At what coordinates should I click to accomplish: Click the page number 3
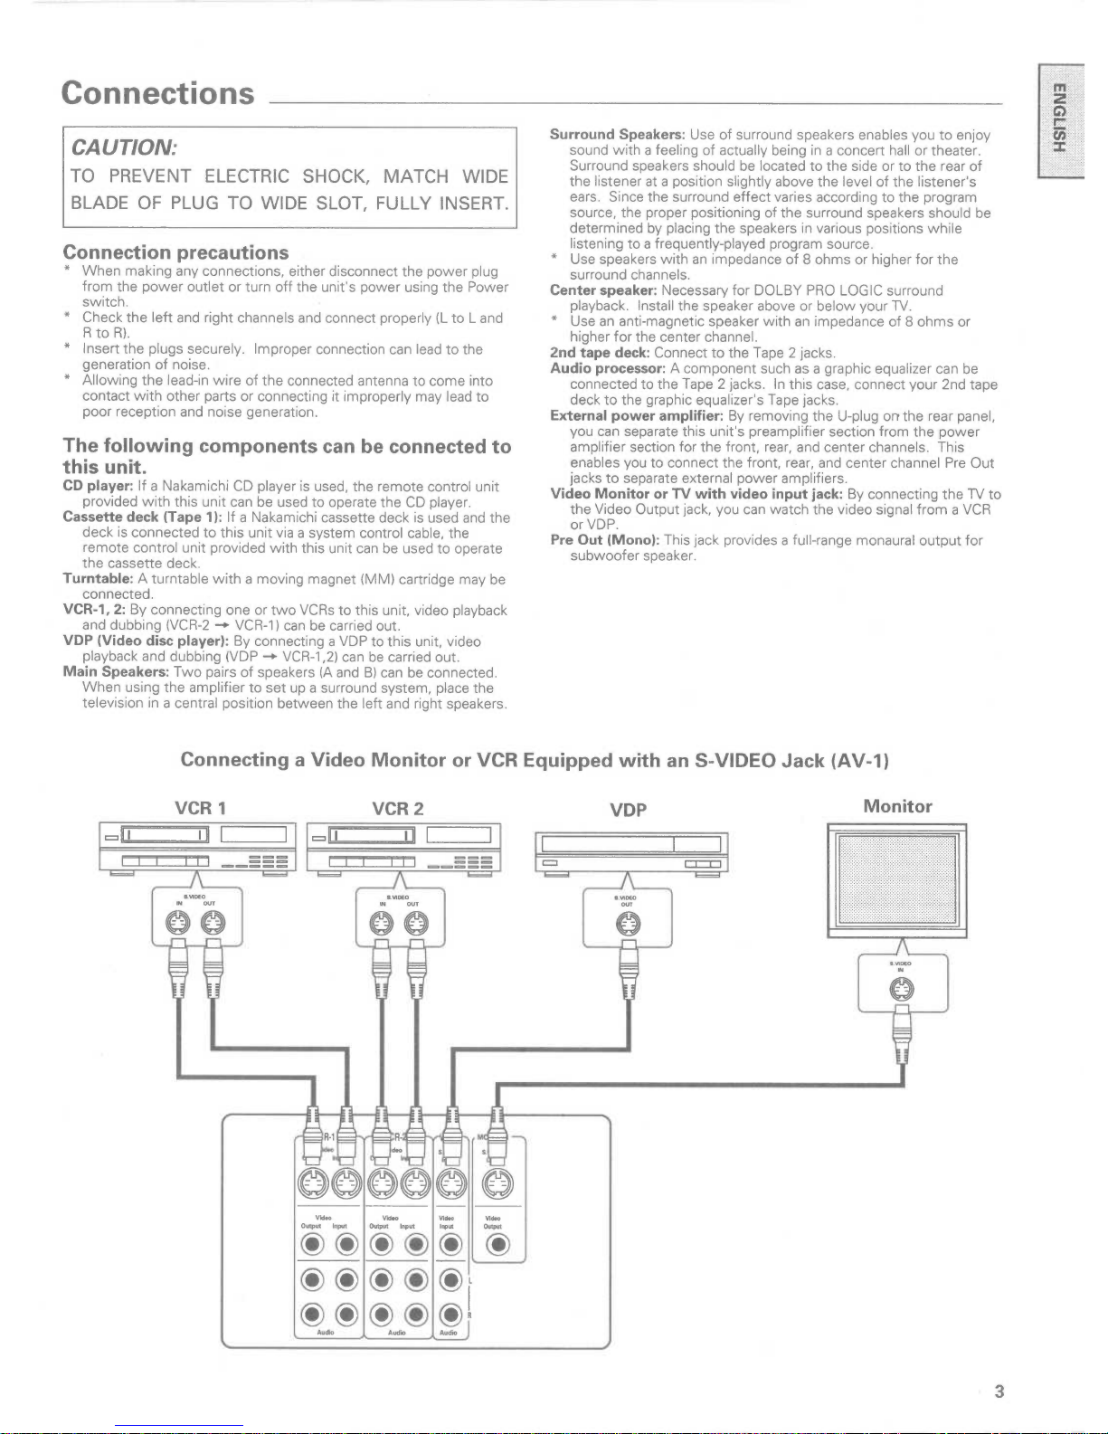pyautogui.click(x=999, y=1391)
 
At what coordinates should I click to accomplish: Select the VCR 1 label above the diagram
pyautogui.click(x=200, y=808)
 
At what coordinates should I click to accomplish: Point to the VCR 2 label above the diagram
pyautogui.click(x=397, y=808)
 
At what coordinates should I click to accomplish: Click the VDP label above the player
pyautogui.click(x=628, y=810)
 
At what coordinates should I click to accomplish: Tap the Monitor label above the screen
pyautogui.click(x=897, y=806)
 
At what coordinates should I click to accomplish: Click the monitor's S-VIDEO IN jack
pyautogui.click(x=902, y=990)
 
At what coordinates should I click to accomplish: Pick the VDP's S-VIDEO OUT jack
pyautogui.click(x=627, y=923)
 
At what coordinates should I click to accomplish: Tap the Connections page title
pyautogui.click(x=158, y=93)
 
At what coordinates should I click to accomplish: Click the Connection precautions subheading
pyautogui.click(x=175, y=252)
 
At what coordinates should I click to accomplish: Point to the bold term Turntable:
pyautogui.click(x=99, y=579)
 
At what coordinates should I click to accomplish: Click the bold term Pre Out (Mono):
pyautogui.click(x=605, y=540)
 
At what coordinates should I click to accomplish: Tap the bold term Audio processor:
pyautogui.click(x=608, y=369)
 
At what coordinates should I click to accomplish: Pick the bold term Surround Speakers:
pyautogui.click(x=617, y=135)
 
